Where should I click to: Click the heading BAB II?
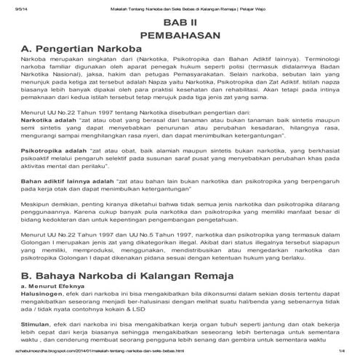click(179, 23)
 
